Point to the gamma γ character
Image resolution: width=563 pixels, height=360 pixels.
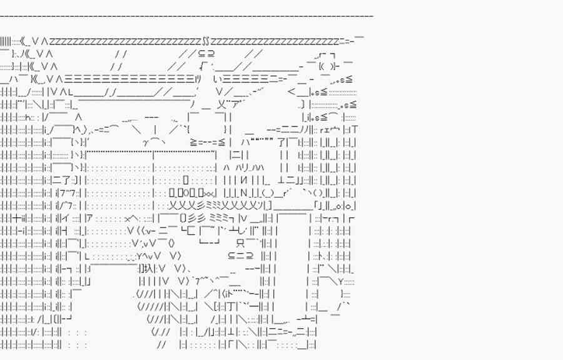(146, 142)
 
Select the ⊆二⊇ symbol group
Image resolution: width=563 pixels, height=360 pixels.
(240, 255)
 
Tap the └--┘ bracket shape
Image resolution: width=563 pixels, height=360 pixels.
(209, 243)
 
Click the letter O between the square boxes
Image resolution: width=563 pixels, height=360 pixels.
(184, 193)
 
